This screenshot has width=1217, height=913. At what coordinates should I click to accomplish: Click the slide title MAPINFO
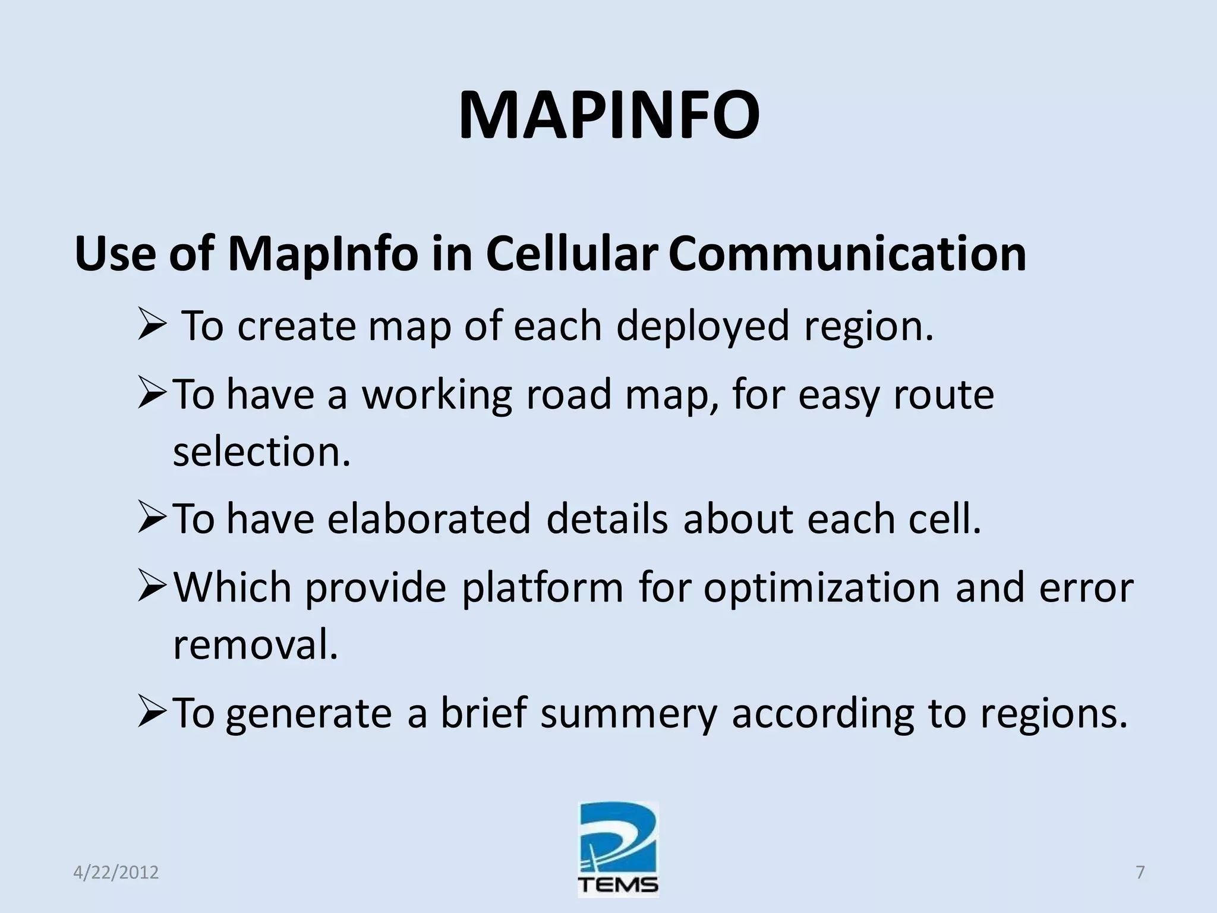608,115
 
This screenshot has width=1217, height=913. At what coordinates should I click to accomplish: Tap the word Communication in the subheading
847,254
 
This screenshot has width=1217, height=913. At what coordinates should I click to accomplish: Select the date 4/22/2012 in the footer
116,873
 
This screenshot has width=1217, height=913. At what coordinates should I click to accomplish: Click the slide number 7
1140,872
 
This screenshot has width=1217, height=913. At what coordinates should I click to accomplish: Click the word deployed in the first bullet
702,326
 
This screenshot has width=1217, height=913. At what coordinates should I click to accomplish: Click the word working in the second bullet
437,395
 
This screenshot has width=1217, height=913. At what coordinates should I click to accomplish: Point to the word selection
261,452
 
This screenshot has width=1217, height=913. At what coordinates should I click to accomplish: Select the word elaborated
428,519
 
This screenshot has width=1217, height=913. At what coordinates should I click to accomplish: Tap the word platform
543,588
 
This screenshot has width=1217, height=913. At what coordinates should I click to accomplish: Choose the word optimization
822,588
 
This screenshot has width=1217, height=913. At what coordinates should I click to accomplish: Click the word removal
256,644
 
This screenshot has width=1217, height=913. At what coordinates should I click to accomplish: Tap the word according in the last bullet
822,713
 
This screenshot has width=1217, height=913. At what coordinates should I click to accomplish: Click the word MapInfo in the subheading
323,254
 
